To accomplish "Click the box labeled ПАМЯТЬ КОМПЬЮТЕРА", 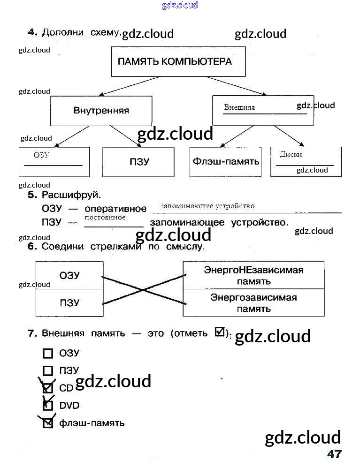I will [x=178, y=61].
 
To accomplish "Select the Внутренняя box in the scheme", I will [x=101, y=111].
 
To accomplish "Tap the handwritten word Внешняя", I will [x=239, y=107].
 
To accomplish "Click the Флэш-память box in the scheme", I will [x=226, y=162].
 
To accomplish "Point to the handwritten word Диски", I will [x=291, y=154].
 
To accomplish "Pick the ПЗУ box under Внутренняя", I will [x=139, y=162].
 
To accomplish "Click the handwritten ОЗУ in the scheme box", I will [x=42, y=155].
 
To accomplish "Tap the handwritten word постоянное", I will [x=105, y=218].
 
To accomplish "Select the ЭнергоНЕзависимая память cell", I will [x=253, y=275].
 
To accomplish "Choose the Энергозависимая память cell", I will [x=253, y=302].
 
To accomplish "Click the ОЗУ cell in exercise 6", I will [x=69, y=275].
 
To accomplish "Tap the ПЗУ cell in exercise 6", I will [x=69, y=302].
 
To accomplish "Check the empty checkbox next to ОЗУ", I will [x=48, y=354].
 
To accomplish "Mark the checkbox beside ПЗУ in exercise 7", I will [x=48, y=371].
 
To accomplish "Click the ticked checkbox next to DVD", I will [x=48, y=405].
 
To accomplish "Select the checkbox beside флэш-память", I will [x=48, y=423].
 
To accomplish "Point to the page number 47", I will [x=334, y=454].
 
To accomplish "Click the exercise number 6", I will [x=32, y=247].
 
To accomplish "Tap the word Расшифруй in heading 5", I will [x=71, y=195].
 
